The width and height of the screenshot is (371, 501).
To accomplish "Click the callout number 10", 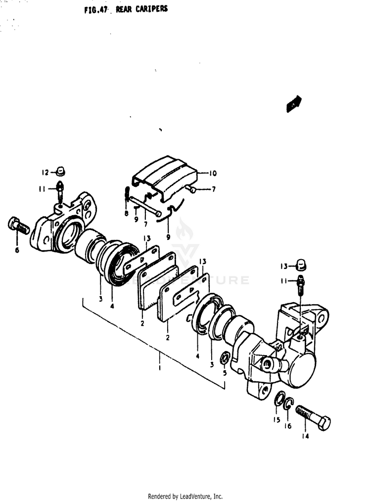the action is (x=213, y=173).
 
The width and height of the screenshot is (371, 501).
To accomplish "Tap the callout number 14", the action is (x=305, y=436).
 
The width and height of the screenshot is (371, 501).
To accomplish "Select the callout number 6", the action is (x=17, y=250).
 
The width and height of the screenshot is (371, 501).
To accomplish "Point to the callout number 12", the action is (x=45, y=173).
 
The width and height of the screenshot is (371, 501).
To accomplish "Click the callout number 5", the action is (x=225, y=373).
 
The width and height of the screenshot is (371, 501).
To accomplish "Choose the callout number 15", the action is (x=277, y=419).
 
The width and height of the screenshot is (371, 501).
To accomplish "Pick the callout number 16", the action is (x=288, y=426).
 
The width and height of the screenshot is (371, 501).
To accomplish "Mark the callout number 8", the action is (x=127, y=213).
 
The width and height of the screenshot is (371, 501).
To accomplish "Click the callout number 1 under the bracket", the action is (x=160, y=367).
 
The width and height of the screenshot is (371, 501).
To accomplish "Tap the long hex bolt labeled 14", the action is (x=313, y=418).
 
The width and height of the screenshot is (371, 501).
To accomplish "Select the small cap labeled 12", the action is (x=60, y=171).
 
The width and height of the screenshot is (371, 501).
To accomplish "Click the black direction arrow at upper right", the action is (x=294, y=104).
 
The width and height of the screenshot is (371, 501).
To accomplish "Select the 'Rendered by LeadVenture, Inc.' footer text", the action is (x=185, y=496).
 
